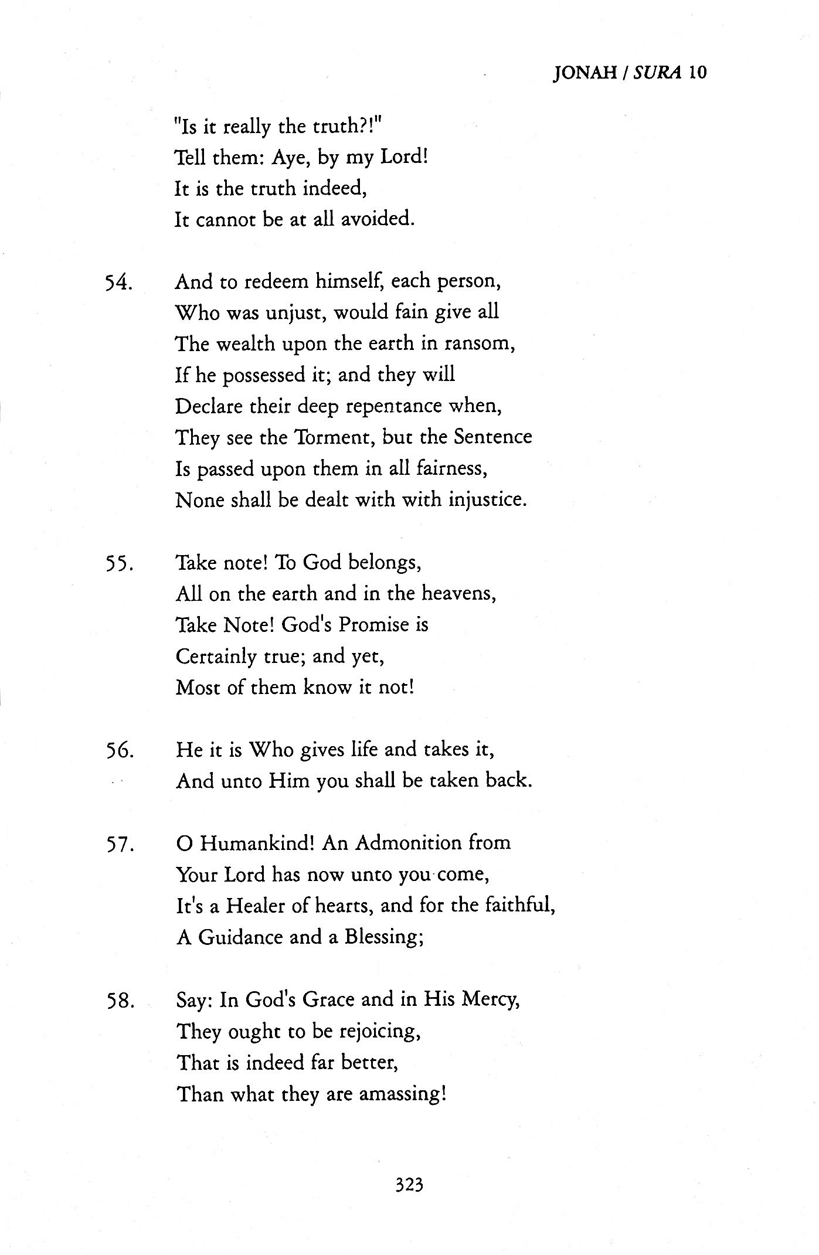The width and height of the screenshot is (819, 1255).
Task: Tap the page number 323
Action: [x=409, y=1185]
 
